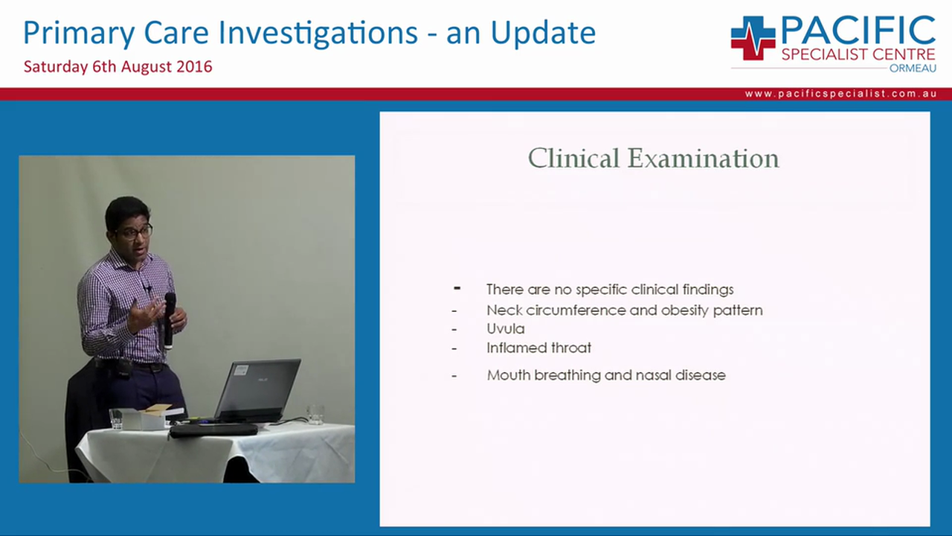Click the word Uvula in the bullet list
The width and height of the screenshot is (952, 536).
tap(505, 328)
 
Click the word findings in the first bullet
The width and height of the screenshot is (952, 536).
tap(707, 290)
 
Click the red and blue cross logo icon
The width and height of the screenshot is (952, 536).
tap(753, 38)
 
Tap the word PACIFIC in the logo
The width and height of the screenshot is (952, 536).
tap(858, 31)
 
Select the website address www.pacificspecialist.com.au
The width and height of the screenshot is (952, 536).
tap(840, 95)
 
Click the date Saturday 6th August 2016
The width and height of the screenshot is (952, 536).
tap(118, 66)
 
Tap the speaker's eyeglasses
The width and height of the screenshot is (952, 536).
tap(135, 232)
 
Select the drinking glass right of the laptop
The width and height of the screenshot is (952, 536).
tap(316, 415)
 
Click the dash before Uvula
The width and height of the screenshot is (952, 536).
tap(454, 329)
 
